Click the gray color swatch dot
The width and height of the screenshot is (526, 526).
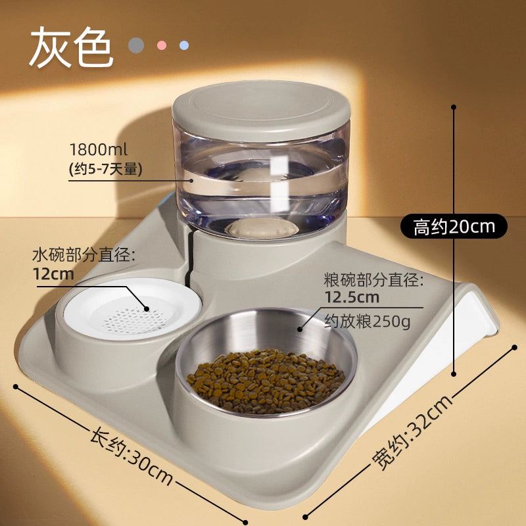[136, 45]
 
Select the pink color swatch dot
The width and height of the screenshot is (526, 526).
[162, 45]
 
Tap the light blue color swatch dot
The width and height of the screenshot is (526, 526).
[184, 45]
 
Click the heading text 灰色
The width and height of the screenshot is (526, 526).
[72, 47]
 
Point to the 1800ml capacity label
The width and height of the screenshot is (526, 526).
[98, 149]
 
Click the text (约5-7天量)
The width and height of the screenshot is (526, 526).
[106, 169]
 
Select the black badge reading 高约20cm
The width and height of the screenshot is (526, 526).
[454, 226]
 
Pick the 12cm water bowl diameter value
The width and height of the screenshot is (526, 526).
[53, 274]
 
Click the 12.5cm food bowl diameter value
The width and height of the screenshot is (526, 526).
[352, 297]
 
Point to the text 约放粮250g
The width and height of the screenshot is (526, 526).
[368, 322]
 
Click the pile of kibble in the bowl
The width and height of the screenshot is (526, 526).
[266, 381]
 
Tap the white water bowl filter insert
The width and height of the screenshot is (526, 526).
[133, 309]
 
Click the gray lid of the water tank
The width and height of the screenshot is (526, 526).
[261, 110]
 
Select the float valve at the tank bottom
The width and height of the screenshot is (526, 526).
[262, 228]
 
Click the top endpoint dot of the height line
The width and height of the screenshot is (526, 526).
[454, 107]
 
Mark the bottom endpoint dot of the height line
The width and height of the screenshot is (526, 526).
[454, 373]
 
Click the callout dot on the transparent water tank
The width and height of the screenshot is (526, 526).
[191, 180]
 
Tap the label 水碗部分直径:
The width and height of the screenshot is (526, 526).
[84, 256]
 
